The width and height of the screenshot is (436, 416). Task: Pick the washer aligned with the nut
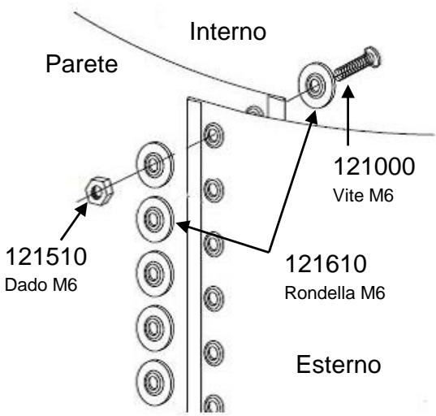click(153, 167)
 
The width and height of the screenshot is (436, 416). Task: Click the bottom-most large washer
click(153, 378)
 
